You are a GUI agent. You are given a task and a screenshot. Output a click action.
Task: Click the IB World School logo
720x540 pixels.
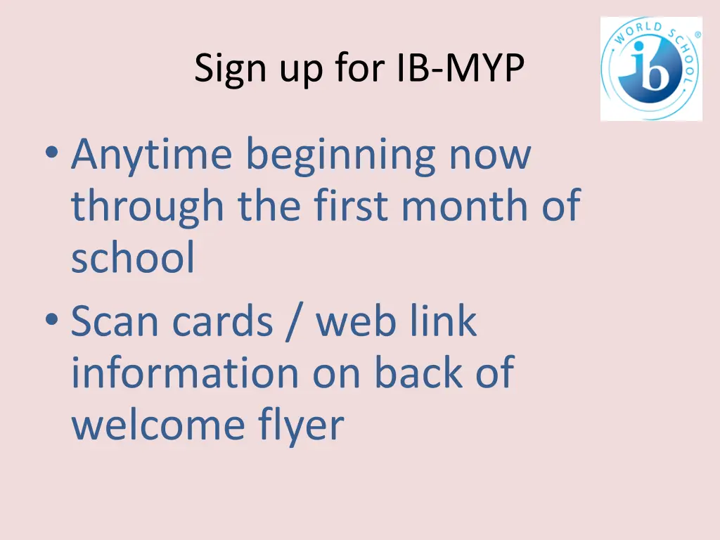pos(651,69)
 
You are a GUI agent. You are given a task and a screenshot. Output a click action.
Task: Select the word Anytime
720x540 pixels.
pos(151,156)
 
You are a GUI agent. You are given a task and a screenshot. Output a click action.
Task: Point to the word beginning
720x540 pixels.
pos(340,156)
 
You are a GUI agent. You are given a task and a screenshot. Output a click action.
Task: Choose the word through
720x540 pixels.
pos(148,207)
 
